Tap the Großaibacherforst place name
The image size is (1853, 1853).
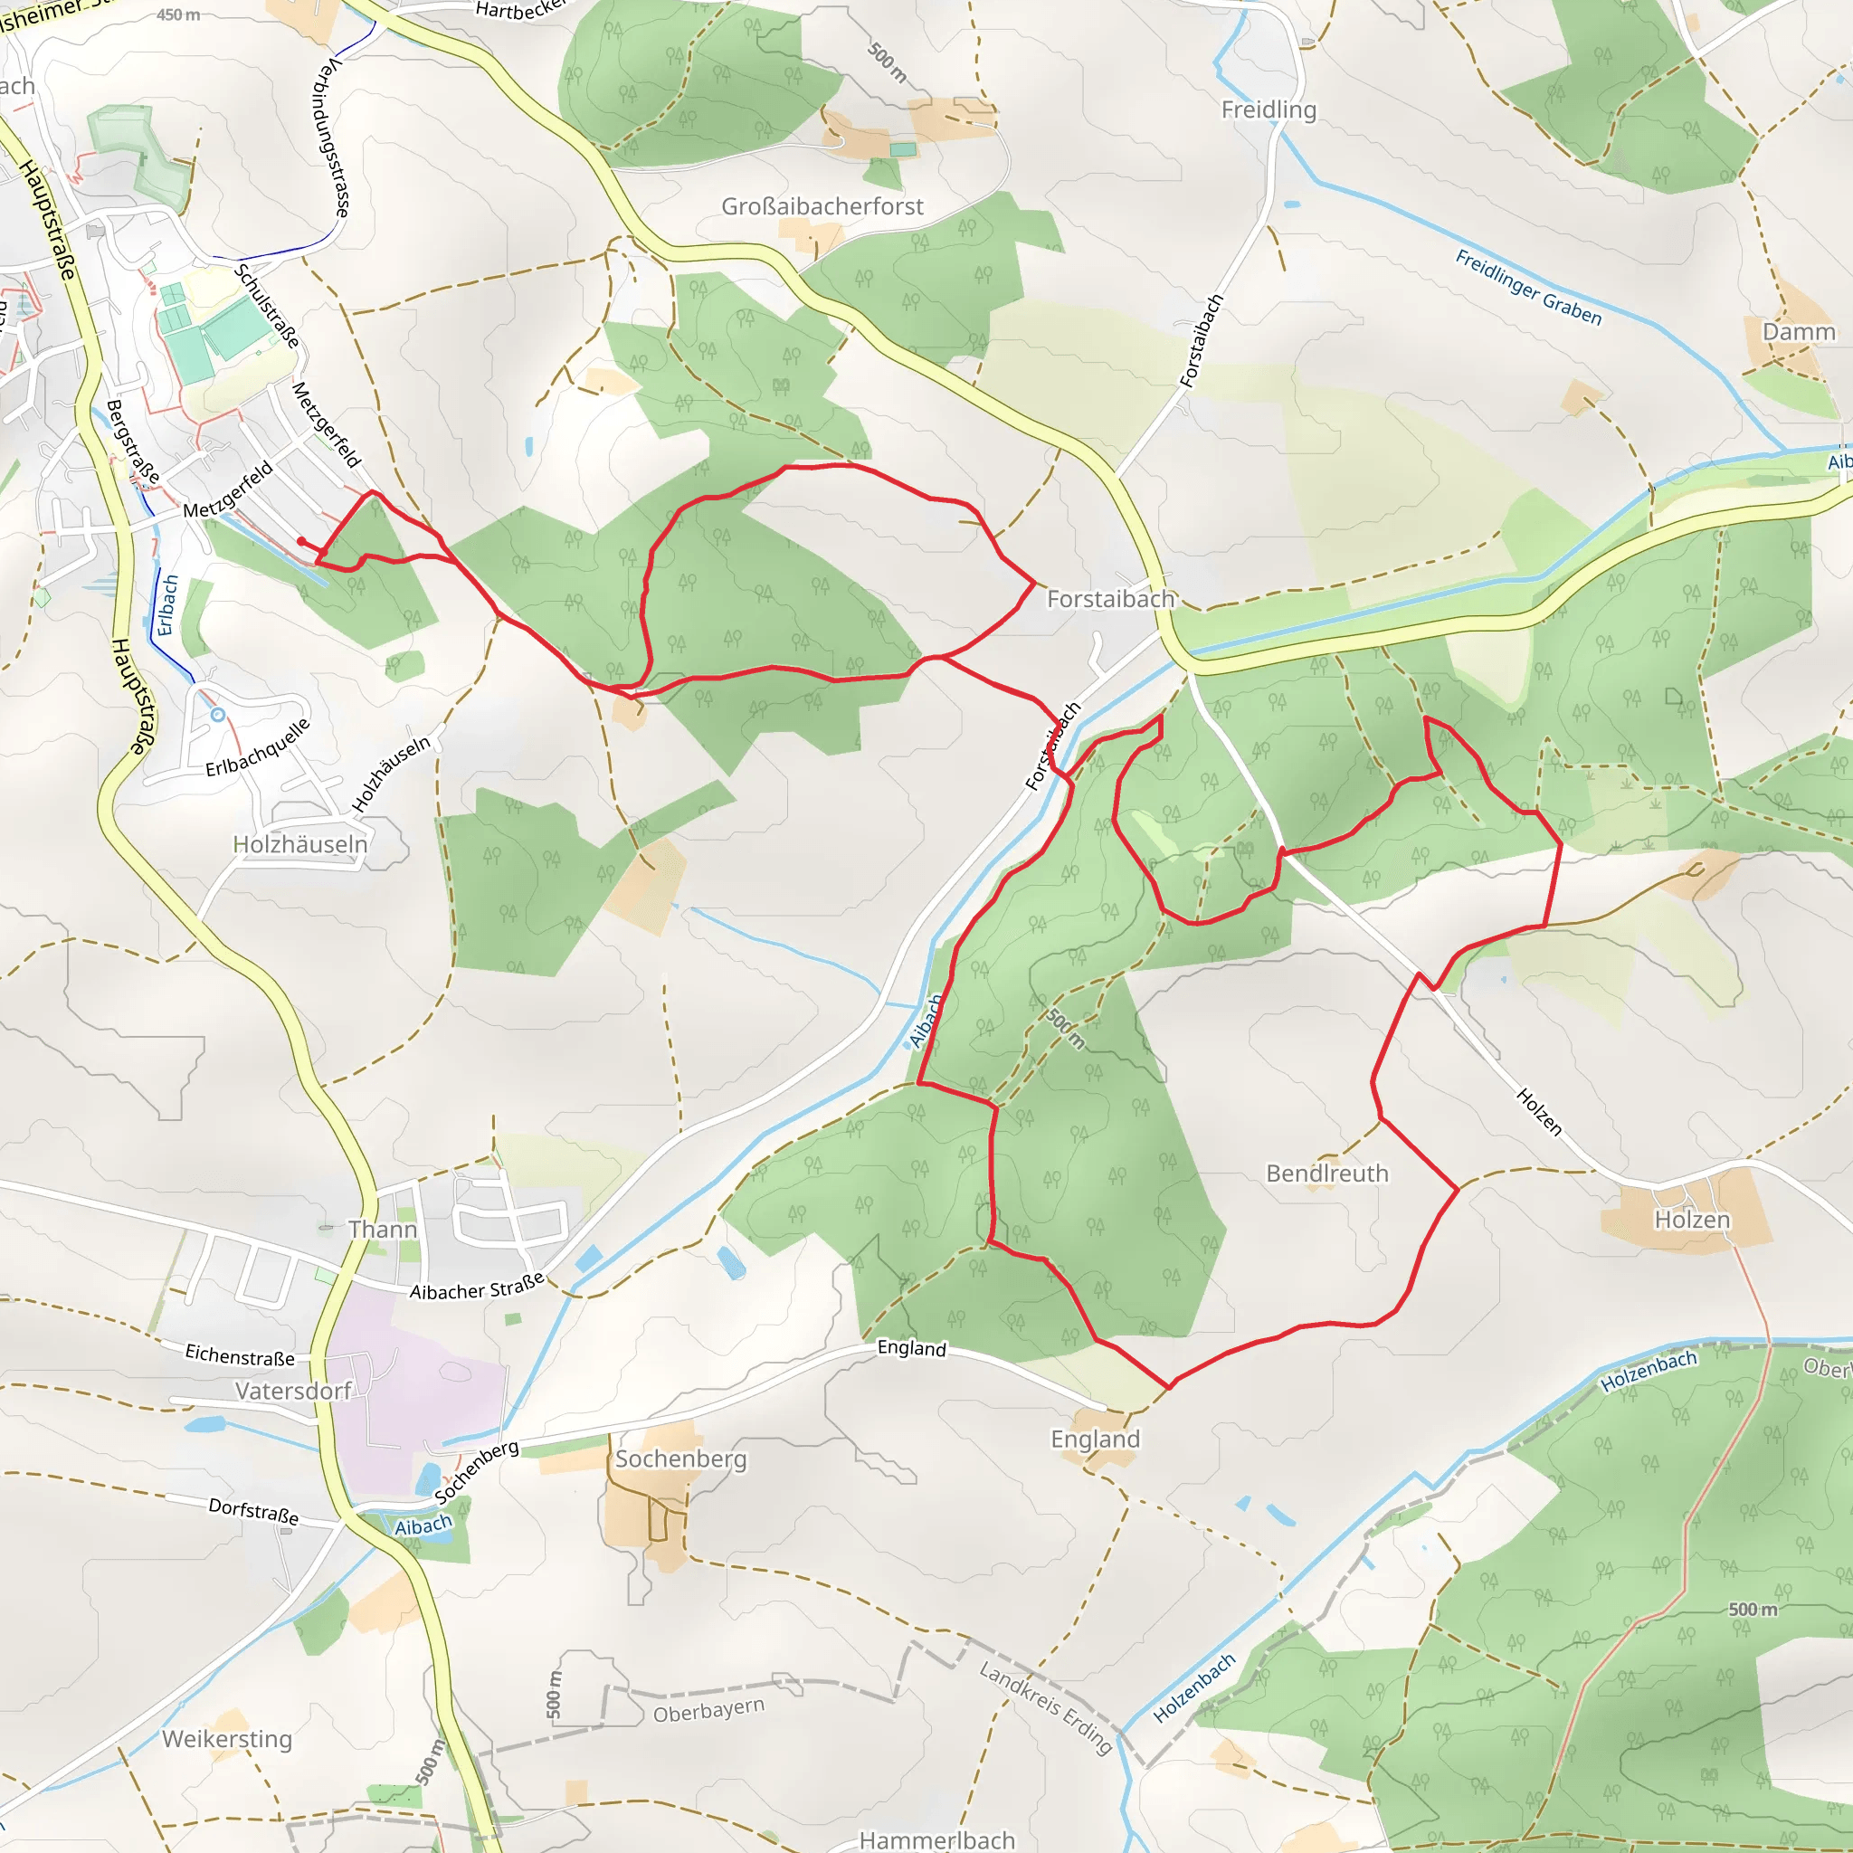[822, 206]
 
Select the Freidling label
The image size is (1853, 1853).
[1268, 110]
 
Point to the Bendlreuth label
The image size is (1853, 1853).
[1326, 1173]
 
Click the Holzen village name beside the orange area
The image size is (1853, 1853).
[1692, 1219]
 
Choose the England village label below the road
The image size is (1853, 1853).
[1096, 1439]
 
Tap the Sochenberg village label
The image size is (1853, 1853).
[680, 1459]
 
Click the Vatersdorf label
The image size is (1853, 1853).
[293, 1391]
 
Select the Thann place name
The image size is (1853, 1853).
[382, 1230]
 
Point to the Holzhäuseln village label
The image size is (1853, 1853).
[300, 844]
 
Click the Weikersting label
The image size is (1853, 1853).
[227, 1739]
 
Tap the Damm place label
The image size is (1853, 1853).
[1799, 332]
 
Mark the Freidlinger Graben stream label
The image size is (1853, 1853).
[1528, 287]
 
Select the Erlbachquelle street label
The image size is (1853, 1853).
[258, 747]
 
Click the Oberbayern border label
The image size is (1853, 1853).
[708, 1710]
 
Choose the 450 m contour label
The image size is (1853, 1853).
[178, 15]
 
